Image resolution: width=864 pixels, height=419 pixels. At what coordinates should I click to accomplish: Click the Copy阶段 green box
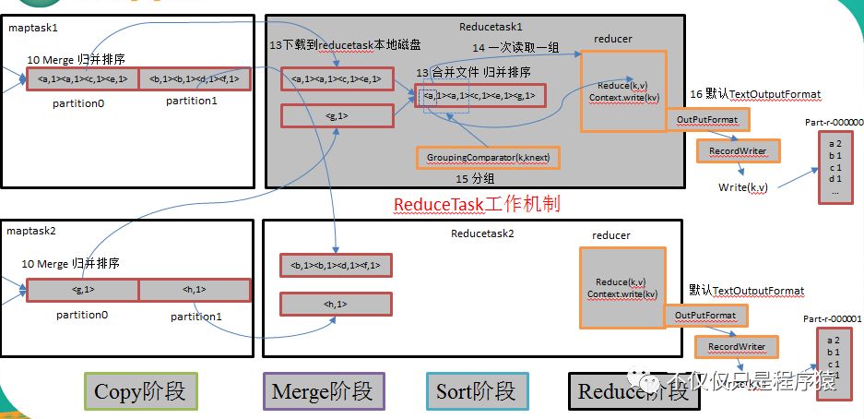[139, 391]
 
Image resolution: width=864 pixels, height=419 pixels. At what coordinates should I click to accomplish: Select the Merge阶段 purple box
[323, 391]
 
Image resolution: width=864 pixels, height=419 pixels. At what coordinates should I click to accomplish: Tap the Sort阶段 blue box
[477, 391]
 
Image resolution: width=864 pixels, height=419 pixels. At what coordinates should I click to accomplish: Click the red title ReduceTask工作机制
[477, 204]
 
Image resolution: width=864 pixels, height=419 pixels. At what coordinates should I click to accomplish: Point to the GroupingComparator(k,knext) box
[488, 158]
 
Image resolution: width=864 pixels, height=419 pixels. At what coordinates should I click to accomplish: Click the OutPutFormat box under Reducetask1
[706, 120]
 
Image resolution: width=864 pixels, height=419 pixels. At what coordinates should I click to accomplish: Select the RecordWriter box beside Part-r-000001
[736, 347]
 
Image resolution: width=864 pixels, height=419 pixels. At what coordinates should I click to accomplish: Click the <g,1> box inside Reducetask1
[336, 115]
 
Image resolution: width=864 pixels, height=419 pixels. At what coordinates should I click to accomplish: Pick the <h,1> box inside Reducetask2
[336, 304]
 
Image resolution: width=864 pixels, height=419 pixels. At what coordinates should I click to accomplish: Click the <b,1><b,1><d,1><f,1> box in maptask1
[195, 79]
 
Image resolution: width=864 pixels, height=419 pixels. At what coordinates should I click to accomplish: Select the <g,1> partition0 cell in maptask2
[82, 290]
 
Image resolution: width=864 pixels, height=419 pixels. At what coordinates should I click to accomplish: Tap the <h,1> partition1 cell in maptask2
[195, 290]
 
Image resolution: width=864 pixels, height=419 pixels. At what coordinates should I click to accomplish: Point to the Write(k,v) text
[743, 187]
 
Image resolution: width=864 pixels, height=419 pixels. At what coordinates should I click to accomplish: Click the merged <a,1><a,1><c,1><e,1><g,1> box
[479, 95]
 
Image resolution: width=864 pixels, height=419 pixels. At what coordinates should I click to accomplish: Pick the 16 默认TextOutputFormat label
[754, 94]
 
